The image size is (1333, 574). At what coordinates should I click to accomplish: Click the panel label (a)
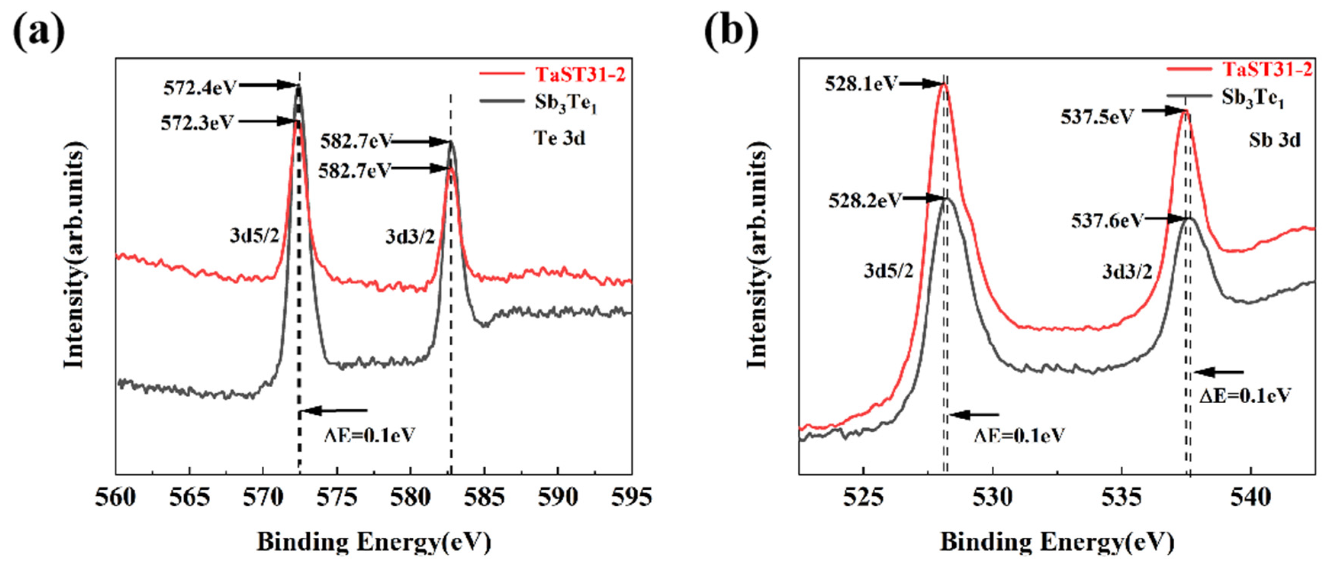coord(39,32)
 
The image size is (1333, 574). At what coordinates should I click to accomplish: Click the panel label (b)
coord(731,32)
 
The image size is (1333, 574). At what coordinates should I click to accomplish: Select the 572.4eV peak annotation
coord(200,88)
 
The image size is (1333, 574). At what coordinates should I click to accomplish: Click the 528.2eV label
coord(865,200)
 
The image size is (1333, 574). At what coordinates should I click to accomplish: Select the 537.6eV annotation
coord(1106,221)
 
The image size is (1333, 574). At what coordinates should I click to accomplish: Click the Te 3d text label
coord(560,138)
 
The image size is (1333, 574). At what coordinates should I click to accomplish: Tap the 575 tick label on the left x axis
coord(337,498)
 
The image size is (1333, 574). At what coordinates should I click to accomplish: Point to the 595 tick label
coord(631,498)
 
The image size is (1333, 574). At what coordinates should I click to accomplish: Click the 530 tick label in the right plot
coord(992,498)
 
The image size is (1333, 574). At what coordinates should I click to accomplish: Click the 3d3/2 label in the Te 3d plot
coord(410,237)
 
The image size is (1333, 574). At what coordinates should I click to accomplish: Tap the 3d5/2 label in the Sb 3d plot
coord(888,271)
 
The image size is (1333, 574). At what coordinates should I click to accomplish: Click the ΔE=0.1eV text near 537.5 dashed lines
coord(1245,396)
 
